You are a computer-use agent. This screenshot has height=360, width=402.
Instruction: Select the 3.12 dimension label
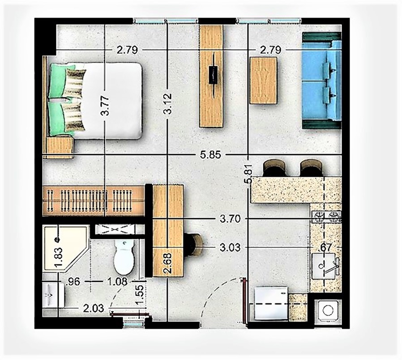pos(167,105)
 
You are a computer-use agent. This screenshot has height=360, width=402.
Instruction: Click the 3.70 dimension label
pos(231,219)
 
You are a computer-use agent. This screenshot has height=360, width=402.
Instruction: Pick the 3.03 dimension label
pos(231,246)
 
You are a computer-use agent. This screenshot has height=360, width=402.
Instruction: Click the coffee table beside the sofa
pos(263,81)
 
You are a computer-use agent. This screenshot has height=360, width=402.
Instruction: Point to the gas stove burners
pos(326,218)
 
